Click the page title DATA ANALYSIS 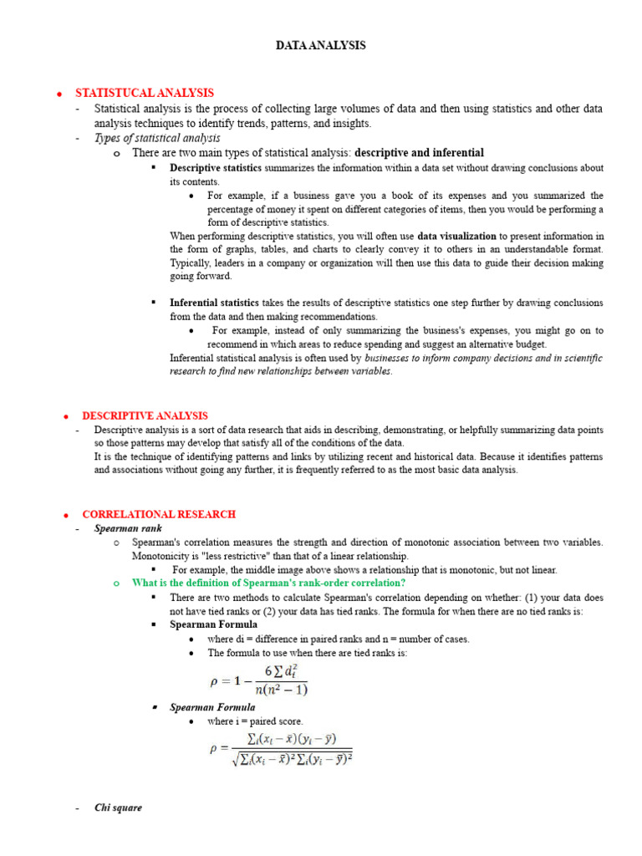[x=321, y=46]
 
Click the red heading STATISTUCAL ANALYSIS [x=145, y=93]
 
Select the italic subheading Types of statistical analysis [x=157, y=138]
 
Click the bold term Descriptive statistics [x=216, y=168]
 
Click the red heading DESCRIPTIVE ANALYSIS [x=145, y=415]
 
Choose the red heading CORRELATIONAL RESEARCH [x=159, y=514]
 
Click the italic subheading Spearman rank [x=128, y=528]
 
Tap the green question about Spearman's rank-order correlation [x=268, y=583]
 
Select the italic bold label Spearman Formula [x=212, y=707]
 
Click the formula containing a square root [x=280, y=749]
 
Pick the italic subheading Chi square [x=118, y=808]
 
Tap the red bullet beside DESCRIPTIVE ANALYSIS [x=64, y=416]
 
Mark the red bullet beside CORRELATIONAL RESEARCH [x=64, y=515]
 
